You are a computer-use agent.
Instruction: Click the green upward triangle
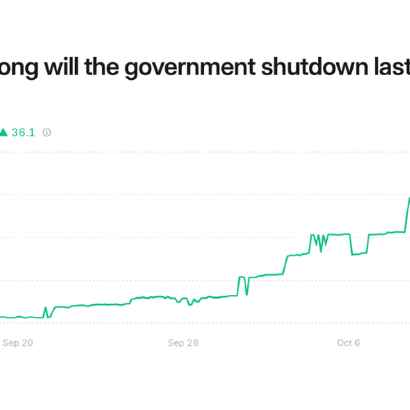click(3, 133)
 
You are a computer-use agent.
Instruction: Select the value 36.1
click(23, 133)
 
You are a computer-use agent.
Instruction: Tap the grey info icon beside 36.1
click(47, 133)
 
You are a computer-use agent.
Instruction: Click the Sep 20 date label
click(18, 343)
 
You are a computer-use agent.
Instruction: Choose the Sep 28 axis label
click(183, 343)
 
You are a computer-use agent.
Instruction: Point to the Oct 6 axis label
click(348, 343)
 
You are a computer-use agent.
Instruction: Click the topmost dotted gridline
click(240, 152)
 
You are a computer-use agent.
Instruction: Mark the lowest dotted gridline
click(240, 323)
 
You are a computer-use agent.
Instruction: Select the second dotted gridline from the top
click(240, 195)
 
